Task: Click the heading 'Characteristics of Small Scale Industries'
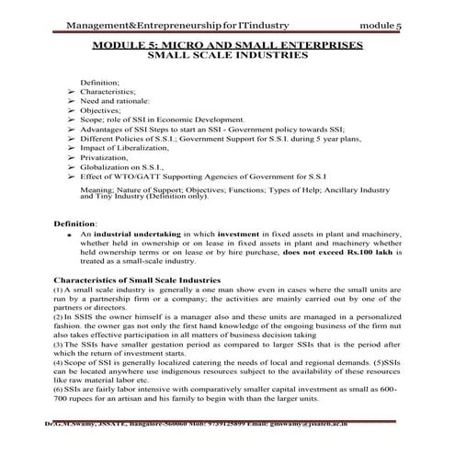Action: (x=137, y=279)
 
